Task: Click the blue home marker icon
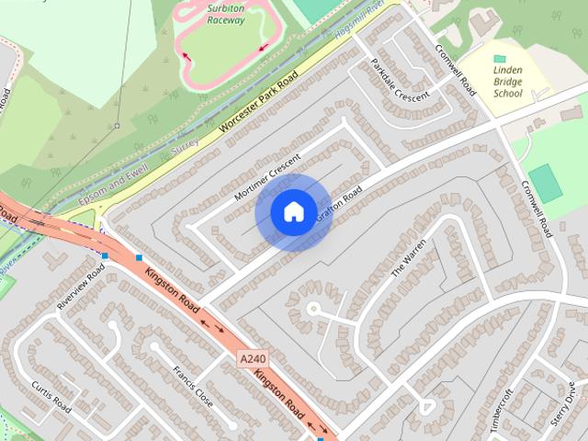point(293,212)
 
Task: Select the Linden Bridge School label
point(507,81)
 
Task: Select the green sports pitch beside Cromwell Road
point(545,183)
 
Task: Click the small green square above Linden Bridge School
point(499,58)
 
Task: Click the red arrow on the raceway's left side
point(187,56)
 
